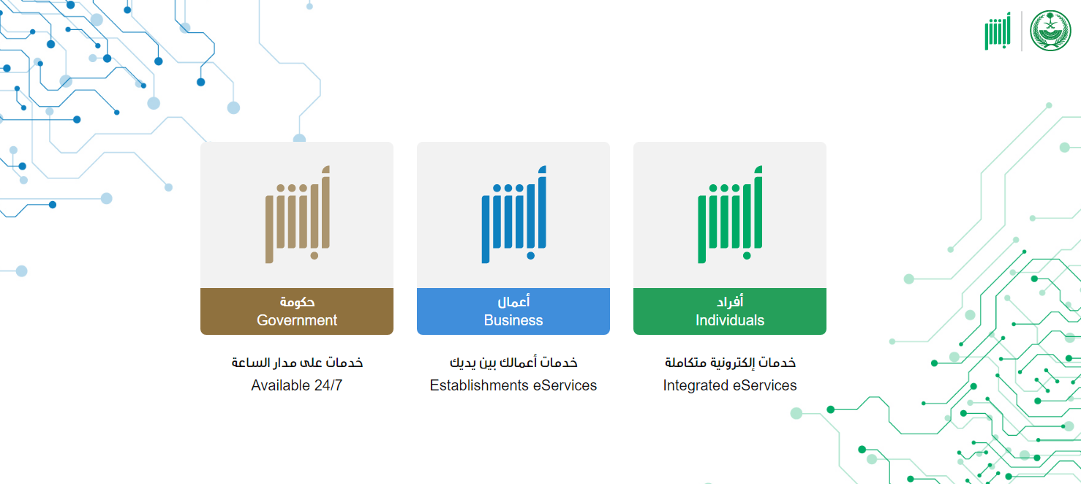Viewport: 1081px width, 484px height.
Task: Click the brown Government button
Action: (297, 311)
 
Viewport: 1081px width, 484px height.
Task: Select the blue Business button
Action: (513, 311)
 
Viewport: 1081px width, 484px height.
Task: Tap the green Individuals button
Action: (730, 311)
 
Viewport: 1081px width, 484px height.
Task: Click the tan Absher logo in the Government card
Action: (297, 215)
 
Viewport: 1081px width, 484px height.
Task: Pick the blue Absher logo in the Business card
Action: (513, 215)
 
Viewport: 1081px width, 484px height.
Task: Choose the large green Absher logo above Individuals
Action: (730, 215)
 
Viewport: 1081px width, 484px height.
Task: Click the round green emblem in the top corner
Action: (1050, 31)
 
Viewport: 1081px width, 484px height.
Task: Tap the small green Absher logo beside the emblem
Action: (998, 31)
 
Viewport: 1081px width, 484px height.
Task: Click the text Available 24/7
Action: (297, 385)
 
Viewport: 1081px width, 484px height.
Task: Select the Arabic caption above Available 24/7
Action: (297, 362)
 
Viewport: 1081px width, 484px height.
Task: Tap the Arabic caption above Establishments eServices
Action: (513, 362)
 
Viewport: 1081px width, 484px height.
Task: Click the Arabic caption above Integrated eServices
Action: (730, 362)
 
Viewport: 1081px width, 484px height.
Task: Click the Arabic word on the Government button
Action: (297, 302)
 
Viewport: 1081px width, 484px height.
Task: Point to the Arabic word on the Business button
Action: (513, 302)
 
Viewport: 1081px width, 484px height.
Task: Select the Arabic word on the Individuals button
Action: (730, 302)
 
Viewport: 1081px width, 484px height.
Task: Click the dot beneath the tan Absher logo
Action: (314, 256)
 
